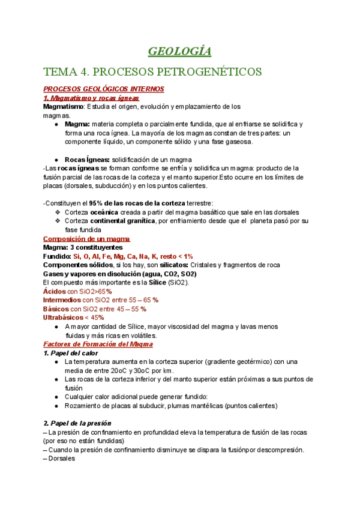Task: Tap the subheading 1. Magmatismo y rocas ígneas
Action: pos(91,98)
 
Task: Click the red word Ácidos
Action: pos(54,291)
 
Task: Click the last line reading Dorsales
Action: pos(59,459)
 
